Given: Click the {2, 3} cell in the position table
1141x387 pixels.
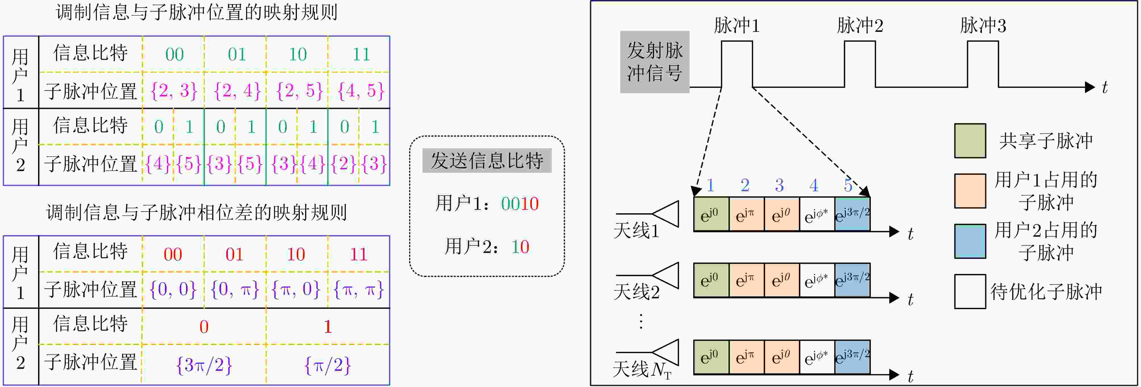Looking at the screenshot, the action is coord(174,91).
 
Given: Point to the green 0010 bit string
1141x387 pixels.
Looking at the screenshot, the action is coord(520,204).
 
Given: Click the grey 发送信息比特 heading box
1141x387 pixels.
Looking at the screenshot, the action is coord(487,160).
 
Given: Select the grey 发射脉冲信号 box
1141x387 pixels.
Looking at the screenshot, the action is coord(655,62).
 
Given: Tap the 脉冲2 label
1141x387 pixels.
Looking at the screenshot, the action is coord(860,25).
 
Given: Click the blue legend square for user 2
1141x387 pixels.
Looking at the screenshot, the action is coord(970,241).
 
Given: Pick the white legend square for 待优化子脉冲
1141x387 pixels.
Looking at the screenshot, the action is coord(970,291).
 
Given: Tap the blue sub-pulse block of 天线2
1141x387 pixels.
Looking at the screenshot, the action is coord(852,280).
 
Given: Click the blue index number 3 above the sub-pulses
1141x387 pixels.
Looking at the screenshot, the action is coord(779,185).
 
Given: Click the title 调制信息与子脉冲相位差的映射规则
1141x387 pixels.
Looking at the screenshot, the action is coord(196,213).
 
